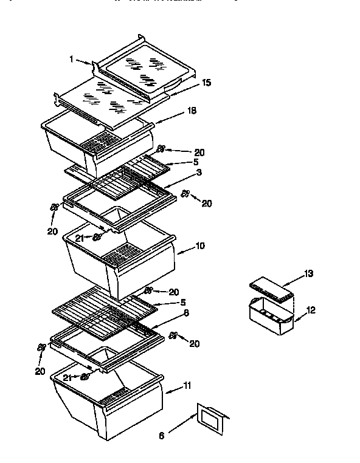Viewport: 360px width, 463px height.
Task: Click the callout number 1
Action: (71, 60)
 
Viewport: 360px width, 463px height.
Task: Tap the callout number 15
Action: (207, 83)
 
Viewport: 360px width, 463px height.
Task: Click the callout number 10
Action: (200, 246)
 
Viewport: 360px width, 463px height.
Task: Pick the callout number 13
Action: (309, 274)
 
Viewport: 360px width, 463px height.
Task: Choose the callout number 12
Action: (311, 310)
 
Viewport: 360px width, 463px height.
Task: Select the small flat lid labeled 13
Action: (271, 289)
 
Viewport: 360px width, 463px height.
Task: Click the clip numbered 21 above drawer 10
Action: (96, 238)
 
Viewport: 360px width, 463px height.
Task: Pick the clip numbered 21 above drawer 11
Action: (85, 377)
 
